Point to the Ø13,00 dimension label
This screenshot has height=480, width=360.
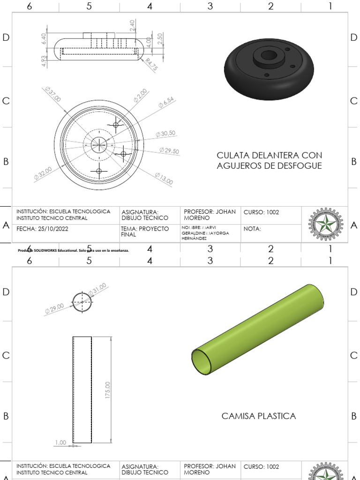point(164,179)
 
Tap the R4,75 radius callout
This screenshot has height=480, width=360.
point(151,64)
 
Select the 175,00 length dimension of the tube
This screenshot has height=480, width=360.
point(108,390)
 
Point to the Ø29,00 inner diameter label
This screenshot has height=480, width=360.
point(54,308)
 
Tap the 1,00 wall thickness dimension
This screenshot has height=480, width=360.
point(60,442)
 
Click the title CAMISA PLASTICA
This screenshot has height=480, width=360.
point(258,416)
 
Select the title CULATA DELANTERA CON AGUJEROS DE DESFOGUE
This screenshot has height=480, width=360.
point(269,160)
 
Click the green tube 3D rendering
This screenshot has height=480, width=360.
point(258,329)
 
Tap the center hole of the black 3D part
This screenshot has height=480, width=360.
point(269,55)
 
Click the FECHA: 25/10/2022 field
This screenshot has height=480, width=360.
point(43,230)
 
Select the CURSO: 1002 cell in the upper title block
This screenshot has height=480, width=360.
point(261,212)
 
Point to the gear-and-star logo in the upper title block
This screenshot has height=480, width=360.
point(325,224)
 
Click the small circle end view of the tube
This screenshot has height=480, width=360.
point(83,300)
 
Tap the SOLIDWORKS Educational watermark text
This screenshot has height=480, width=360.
point(73,250)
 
